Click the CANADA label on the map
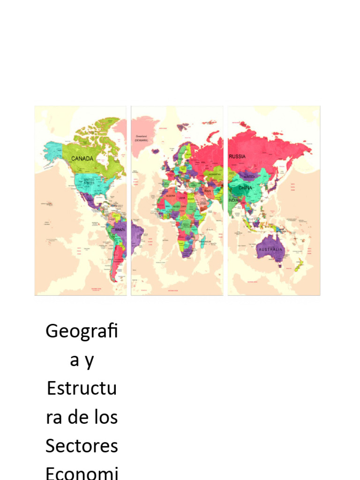click(82, 158)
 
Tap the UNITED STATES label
click(89, 181)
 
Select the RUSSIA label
click(237, 157)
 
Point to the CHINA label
click(245, 188)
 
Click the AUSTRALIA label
click(270, 249)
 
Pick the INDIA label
click(233, 201)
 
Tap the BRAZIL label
click(120, 230)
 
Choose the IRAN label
click(208, 191)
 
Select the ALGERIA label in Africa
click(170, 195)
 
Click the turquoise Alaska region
click(53, 150)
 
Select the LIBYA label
click(181, 198)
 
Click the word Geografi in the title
click(82, 331)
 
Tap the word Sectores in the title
click(82, 445)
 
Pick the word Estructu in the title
click(82, 389)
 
